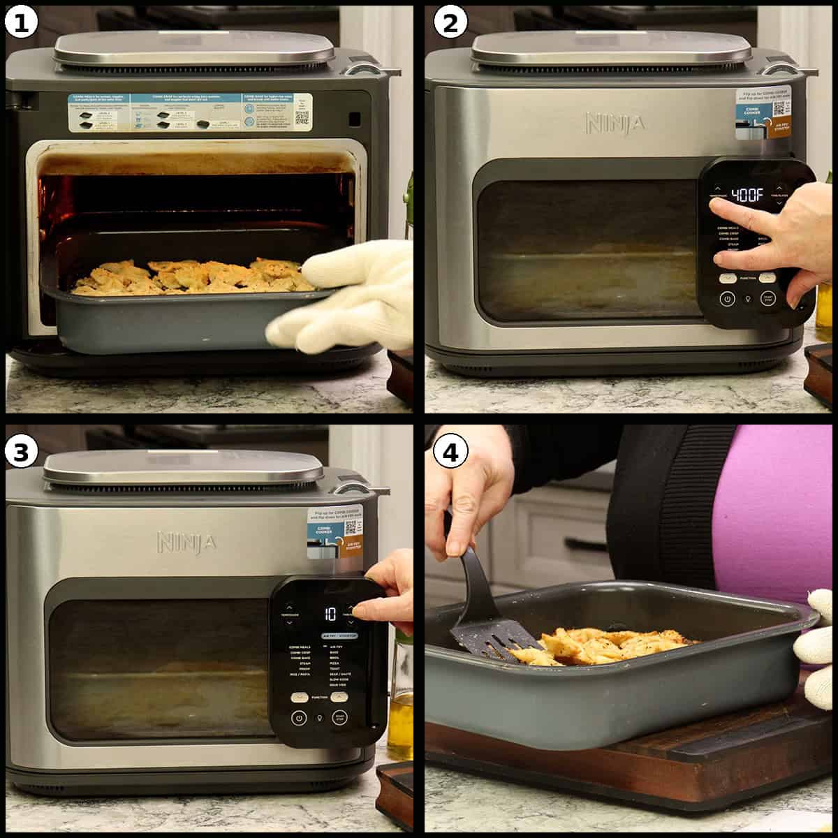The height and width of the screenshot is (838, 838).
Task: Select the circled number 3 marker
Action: pyautogui.click(x=22, y=453)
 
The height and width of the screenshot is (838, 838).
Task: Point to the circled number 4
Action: pyautogui.click(x=450, y=453)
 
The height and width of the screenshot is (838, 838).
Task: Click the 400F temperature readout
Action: pyautogui.click(x=747, y=195)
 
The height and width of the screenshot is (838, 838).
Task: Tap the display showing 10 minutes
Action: pyautogui.click(x=330, y=614)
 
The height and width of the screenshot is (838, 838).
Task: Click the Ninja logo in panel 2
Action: pyautogui.click(x=615, y=124)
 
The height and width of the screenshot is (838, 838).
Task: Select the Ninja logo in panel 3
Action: pyautogui.click(x=186, y=542)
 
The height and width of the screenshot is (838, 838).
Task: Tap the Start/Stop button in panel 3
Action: pyautogui.click(x=340, y=717)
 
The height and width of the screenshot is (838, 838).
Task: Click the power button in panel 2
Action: pyautogui.click(x=728, y=299)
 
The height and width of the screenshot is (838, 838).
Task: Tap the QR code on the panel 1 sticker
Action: pyautogui.click(x=302, y=117)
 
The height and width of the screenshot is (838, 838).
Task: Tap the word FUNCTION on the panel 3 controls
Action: pyautogui.click(x=319, y=697)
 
